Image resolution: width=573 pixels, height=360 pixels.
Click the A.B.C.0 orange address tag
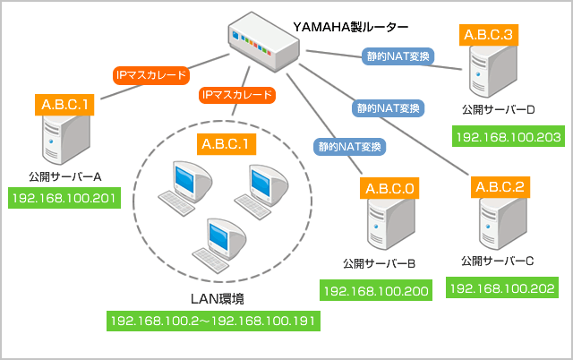pos(389,189)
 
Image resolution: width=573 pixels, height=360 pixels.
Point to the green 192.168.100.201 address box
pos(64,197)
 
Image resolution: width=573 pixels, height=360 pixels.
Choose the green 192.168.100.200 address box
pos(376,291)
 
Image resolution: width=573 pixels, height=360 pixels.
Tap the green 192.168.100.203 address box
pos(508,138)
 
